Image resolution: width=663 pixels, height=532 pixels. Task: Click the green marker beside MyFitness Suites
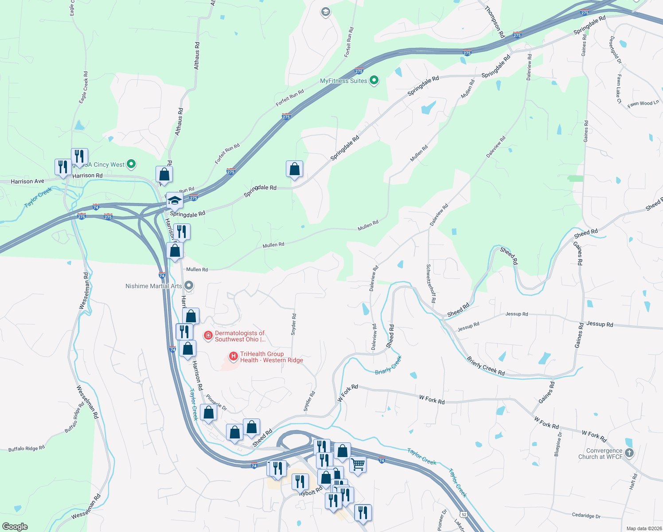point(374,80)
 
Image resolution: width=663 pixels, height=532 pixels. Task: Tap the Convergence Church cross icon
point(629,453)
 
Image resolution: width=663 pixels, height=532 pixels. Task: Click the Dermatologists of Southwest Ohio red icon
point(208,336)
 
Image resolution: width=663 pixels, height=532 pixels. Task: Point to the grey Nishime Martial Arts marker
point(189,286)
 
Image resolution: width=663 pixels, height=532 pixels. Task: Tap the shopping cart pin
point(358,465)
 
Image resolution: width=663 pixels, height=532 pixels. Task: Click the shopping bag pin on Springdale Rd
point(294,169)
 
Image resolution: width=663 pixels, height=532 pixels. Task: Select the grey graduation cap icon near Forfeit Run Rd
point(326,12)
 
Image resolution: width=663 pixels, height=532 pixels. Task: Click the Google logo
point(15,526)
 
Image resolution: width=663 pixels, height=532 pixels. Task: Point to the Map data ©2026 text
point(643,528)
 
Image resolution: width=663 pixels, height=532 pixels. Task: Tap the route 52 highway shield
point(464,514)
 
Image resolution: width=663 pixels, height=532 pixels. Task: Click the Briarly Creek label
point(388,364)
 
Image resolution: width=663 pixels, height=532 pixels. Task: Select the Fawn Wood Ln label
point(643,103)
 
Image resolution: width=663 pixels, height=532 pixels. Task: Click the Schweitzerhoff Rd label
point(431,284)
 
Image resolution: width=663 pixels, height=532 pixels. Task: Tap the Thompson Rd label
point(495,21)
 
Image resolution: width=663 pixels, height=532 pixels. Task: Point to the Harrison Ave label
point(27,181)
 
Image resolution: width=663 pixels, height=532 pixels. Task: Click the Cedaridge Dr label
point(586,516)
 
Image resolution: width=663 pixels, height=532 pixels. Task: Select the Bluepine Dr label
point(558,444)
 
